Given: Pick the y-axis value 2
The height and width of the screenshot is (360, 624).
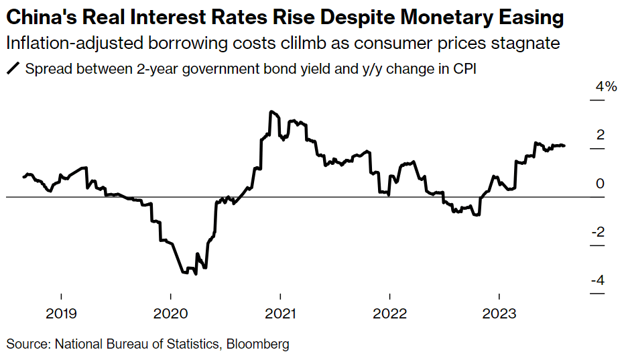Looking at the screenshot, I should pos(601,135).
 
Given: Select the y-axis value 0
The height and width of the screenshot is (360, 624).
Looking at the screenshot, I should pos(601,184).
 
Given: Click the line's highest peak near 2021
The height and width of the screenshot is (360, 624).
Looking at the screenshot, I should pos(270,111).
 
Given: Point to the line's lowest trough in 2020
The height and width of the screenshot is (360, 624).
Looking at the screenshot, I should pos(195,274).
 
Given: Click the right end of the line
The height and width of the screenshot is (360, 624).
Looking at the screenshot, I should pos(564,145).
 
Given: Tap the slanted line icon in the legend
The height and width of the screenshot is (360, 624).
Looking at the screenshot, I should pos(12,68).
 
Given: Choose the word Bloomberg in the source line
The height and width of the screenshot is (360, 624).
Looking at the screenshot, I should pos(258,344).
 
